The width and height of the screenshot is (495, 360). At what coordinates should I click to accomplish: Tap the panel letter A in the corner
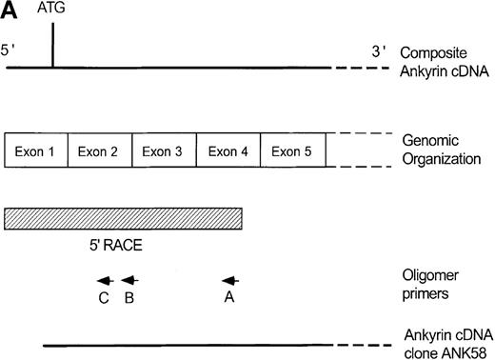9,9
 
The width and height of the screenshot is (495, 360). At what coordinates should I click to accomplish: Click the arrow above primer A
230,280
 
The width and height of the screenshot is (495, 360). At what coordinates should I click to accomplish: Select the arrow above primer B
130,280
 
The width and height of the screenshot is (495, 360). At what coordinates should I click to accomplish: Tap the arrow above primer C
105,280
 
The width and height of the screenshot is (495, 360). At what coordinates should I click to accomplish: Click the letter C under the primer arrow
103,298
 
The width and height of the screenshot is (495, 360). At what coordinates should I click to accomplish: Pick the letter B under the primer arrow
129,298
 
